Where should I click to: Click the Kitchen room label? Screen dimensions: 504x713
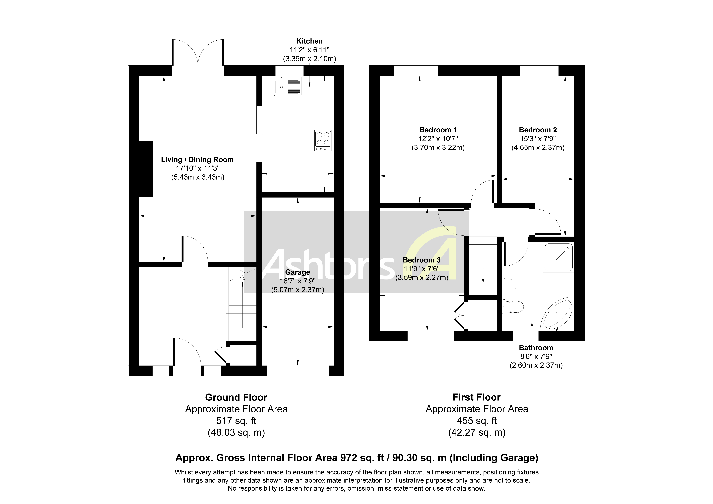(x=309, y=41)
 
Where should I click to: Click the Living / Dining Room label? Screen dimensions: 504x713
(x=197, y=160)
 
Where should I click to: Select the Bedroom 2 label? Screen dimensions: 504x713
(x=538, y=130)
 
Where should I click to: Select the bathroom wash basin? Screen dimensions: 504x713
(x=510, y=279)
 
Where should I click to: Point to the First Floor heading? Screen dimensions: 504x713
(x=476, y=397)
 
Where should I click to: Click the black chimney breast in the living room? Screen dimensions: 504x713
(x=146, y=169)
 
